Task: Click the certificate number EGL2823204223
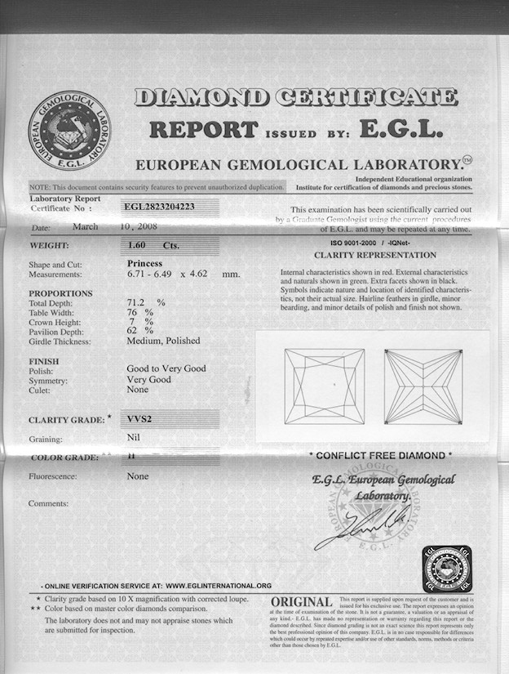click(161, 208)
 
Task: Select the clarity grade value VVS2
click(141, 419)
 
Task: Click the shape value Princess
click(146, 264)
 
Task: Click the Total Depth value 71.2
click(139, 303)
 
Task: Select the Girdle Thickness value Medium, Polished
click(163, 340)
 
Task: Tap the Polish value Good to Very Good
click(166, 368)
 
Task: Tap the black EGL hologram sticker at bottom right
click(447, 569)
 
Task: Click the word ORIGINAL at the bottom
click(301, 602)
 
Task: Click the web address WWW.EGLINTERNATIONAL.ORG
click(218, 586)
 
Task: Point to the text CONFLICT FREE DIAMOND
click(379, 455)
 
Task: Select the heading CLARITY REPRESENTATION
click(376, 255)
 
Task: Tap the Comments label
click(48, 504)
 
